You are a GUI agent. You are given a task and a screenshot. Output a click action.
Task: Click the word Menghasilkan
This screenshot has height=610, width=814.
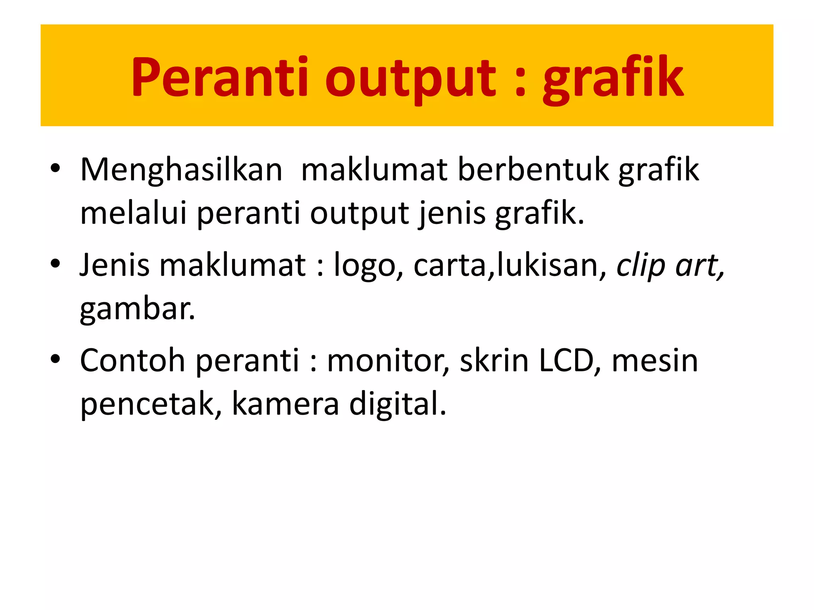tap(181, 170)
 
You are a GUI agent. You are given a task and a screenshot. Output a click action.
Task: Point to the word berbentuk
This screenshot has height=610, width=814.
tap(533, 170)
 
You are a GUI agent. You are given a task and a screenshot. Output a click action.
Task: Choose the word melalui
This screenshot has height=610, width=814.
tap(133, 213)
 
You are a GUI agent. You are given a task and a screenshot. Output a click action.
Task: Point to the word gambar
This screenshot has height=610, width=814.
tap(137, 309)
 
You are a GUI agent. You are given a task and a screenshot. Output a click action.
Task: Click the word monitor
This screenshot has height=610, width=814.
tap(388, 361)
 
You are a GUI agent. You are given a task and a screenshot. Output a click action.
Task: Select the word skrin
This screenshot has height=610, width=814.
tap(494, 361)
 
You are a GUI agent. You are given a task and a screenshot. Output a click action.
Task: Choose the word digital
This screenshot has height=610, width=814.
tap(397, 404)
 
